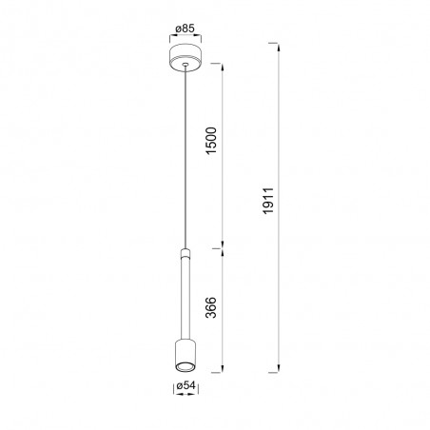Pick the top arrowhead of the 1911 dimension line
click(280, 48)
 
